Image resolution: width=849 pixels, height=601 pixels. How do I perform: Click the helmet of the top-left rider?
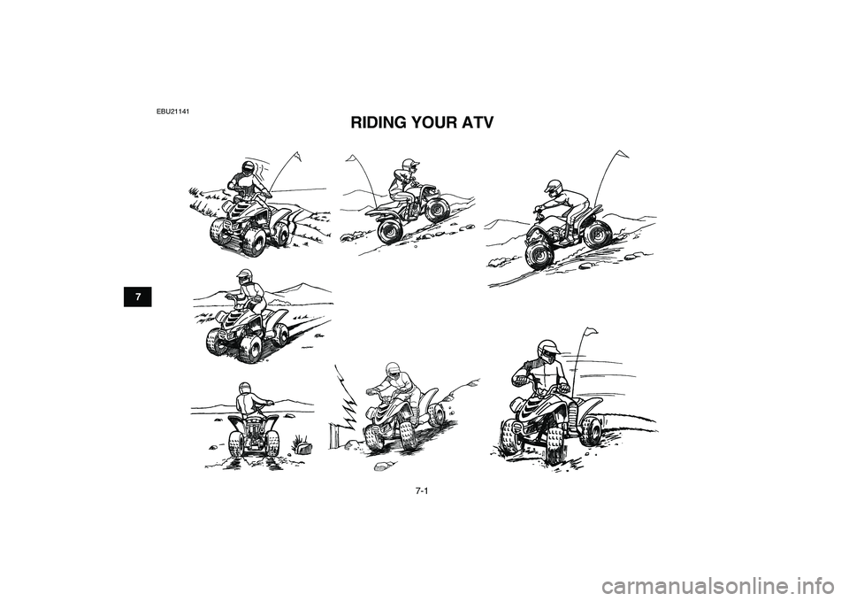(249, 167)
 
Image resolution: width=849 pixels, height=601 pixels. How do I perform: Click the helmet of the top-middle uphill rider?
(409, 165)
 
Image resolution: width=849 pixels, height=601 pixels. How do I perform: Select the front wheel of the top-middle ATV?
(390, 232)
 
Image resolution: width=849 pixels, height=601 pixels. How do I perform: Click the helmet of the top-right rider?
(553, 187)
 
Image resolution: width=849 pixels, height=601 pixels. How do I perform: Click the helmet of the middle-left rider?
(246, 276)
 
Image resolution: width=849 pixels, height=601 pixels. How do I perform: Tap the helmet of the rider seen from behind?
(245, 389)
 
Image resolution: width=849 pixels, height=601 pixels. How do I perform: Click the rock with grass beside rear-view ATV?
(303, 445)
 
